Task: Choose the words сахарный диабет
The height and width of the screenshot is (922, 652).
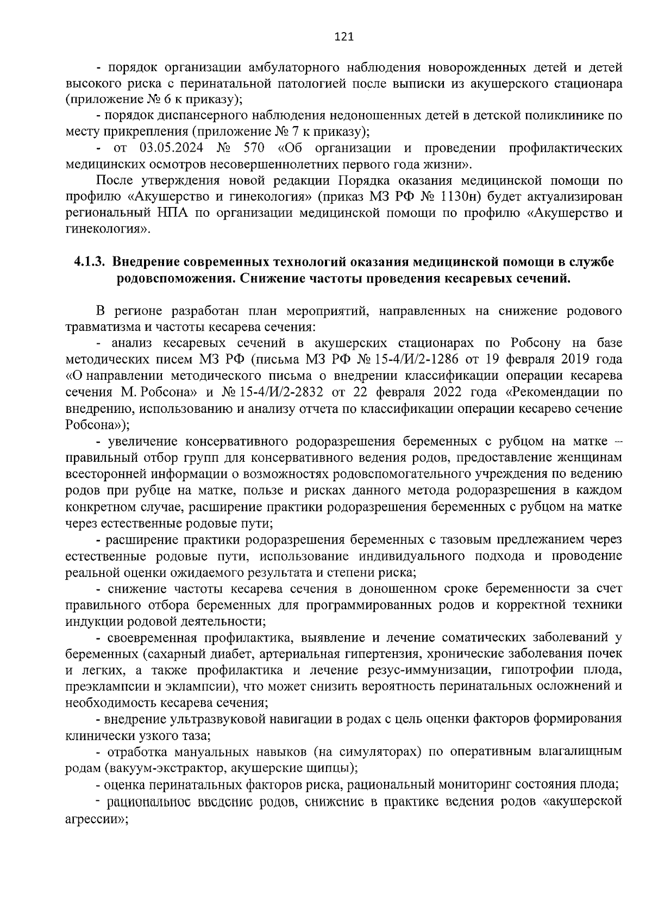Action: pos(196,654)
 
